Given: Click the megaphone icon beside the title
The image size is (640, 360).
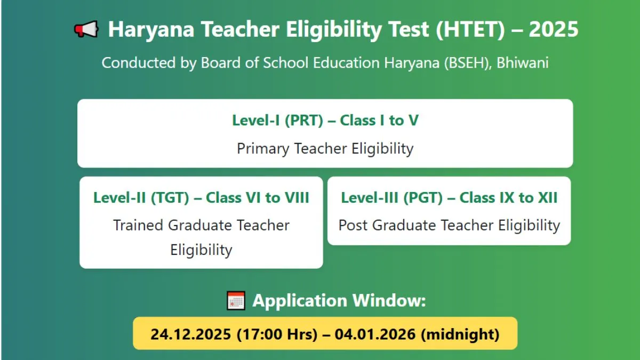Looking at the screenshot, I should tap(86, 29).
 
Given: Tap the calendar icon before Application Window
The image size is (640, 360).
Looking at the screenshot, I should tap(236, 301).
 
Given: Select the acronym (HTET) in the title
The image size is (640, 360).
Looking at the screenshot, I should tap(470, 29).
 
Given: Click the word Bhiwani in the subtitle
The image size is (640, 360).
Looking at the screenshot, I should tap(523, 63).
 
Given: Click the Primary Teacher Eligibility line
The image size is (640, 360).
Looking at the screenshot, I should tap(325, 148).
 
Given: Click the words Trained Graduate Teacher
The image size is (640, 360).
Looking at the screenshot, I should tap(201, 225).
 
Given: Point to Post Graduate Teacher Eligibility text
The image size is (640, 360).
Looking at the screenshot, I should tap(449, 225).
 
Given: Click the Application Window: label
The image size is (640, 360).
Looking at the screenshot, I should tap(339, 301).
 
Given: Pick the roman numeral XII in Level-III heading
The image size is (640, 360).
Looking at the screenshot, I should tap(547, 198).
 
